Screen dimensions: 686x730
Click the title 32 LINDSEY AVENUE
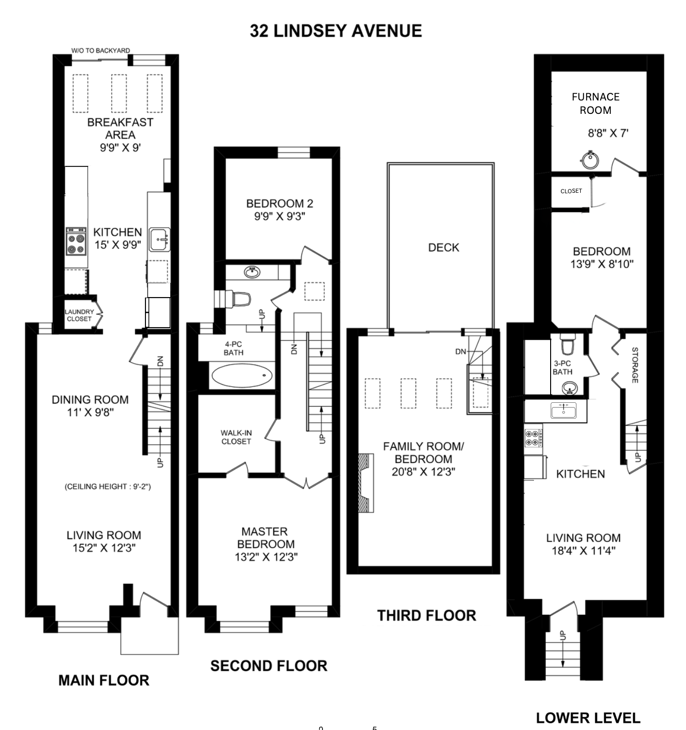pos(336,31)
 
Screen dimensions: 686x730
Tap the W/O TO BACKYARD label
pos(100,50)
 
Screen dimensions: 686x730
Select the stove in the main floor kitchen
pos(76,242)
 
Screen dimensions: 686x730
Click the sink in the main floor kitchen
pos(159,240)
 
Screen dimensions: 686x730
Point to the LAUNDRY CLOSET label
pos(79,315)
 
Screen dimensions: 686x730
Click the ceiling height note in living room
pos(108,487)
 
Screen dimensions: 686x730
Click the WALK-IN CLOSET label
pos(236,437)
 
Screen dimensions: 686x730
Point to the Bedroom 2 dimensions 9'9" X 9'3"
pos(279,216)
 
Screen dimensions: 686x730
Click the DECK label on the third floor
pos(443,247)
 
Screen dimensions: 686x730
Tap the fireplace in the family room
pos(366,483)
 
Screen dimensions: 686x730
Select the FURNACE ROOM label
pos(596,103)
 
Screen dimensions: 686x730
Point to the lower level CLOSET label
pos(571,191)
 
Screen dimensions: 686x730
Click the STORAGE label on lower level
pos(635,365)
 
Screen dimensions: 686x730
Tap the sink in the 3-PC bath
pos(569,388)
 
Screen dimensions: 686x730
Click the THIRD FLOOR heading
pos(427,615)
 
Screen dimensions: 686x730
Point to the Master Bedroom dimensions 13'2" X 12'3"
pos(266,557)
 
